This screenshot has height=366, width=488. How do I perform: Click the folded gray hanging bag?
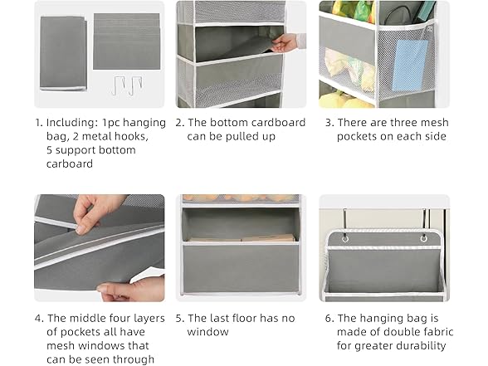pos(63,53)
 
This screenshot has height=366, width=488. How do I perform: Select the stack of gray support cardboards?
pos(127,41)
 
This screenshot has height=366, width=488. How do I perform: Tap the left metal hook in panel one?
pos(119,85)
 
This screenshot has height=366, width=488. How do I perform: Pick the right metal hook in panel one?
pos(136,85)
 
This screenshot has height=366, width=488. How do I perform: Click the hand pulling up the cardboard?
pos(288,43)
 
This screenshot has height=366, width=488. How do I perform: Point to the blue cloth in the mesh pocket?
pos(410,64)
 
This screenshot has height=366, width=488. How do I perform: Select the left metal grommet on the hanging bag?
pos(344,239)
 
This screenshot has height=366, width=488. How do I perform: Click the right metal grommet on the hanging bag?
pos(424,239)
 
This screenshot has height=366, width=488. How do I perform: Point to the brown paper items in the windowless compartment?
pos(242,239)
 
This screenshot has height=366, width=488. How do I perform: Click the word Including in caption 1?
pos(72,123)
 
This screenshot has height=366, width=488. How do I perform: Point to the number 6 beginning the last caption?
pos(328,319)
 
